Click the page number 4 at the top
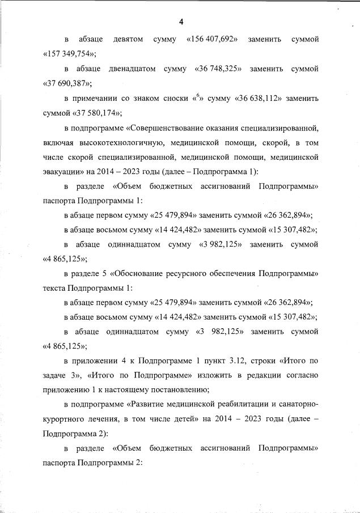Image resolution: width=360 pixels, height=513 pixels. click(x=181, y=22)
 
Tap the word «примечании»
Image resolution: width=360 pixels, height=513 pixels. click(x=95, y=98)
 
